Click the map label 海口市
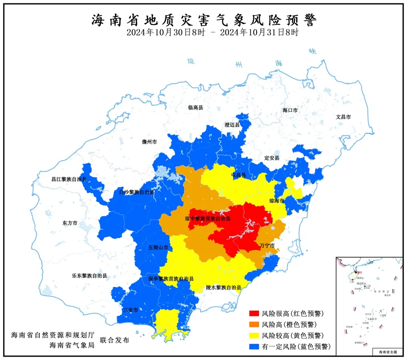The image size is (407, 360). pyautogui.click(x=290, y=110)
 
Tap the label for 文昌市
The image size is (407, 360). pyautogui.click(x=343, y=117)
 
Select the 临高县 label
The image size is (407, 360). pyautogui.click(x=196, y=108)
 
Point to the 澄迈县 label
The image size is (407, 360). pyautogui.click(x=232, y=125)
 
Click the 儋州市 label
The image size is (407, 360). pyautogui.click(x=149, y=142)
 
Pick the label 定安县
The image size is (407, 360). pyautogui.click(x=272, y=158)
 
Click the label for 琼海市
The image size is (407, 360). pyautogui.click(x=277, y=201)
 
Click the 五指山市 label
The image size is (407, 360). pyautogui.click(x=158, y=248)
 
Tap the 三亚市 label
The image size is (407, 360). pyautogui.click(x=131, y=310)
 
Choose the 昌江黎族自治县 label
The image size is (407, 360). pyautogui.click(x=69, y=179)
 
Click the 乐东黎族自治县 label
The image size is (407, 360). pyautogui.click(x=89, y=276)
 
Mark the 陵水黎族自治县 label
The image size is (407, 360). pyautogui.click(x=223, y=287)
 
